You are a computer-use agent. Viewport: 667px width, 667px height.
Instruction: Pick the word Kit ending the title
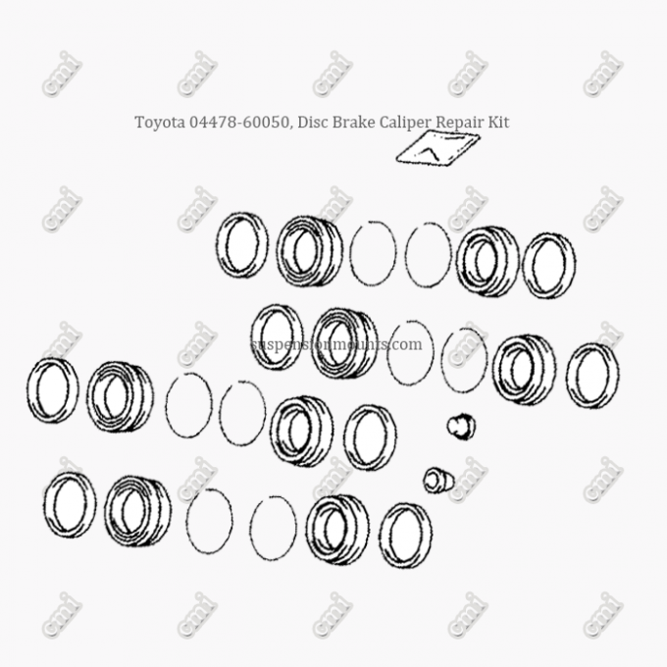[500, 123]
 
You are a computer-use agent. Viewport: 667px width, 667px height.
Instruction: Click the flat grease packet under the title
[437, 148]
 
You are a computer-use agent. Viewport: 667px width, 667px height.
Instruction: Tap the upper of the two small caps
[461, 426]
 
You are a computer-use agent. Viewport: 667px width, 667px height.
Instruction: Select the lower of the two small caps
[437, 480]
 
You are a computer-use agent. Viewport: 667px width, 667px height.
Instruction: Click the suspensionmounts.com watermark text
[336, 344]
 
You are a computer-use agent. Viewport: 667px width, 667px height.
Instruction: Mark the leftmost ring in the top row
[242, 245]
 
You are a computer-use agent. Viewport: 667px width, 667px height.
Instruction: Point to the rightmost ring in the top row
[547, 265]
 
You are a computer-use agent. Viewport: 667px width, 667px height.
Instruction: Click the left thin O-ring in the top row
[373, 253]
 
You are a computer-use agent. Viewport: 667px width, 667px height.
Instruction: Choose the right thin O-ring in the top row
[428, 255]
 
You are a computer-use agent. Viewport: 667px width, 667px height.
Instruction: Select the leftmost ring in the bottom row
[69, 504]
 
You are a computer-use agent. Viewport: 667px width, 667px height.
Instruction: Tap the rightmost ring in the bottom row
[405, 535]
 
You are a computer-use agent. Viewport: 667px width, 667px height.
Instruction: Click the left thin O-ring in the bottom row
[209, 521]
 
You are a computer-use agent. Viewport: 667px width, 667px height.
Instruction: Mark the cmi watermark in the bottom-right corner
[602, 615]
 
